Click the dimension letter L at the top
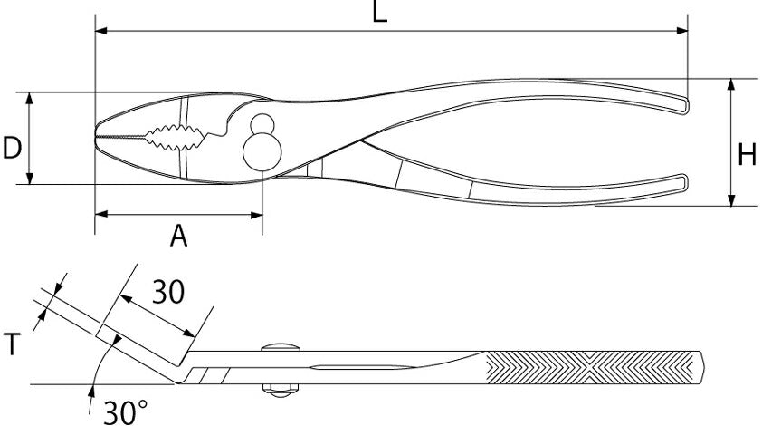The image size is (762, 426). click(380, 12)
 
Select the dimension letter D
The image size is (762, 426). click(12, 148)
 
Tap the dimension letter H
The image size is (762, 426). click(747, 155)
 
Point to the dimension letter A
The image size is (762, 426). click(179, 236)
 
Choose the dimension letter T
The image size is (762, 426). click(13, 344)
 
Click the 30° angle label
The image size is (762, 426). click(125, 411)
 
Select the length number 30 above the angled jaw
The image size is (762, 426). click(168, 292)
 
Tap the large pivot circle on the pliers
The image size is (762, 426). click(262, 151)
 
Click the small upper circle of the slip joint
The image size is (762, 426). click(262, 123)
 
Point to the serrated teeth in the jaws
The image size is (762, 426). click(175, 137)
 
